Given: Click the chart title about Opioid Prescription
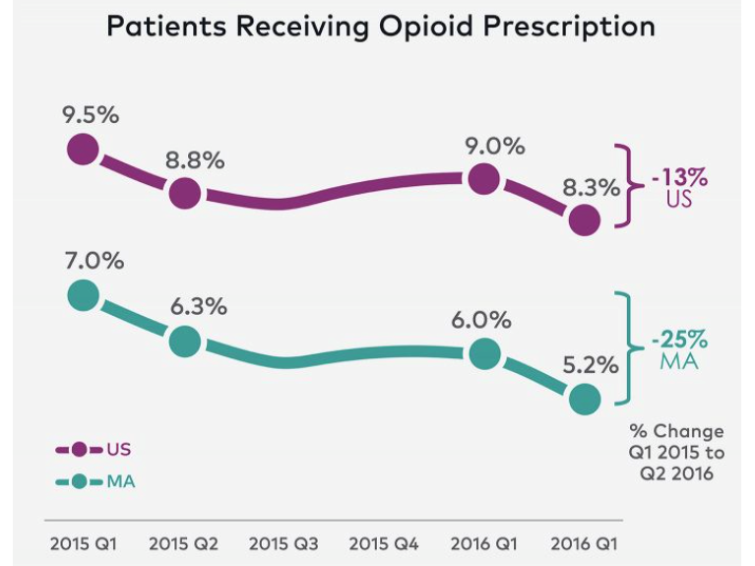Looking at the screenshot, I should (x=380, y=27).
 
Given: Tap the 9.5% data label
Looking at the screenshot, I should (x=91, y=114).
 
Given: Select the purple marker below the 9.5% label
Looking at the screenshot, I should (x=84, y=151).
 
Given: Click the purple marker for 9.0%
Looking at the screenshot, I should (x=483, y=180).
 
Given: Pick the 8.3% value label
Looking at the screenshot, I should (x=591, y=185).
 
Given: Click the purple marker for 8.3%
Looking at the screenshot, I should (x=585, y=220).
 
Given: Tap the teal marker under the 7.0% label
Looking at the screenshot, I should (x=84, y=295).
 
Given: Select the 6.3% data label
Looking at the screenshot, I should (x=197, y=306).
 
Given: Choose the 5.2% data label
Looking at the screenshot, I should (x=591, y=364).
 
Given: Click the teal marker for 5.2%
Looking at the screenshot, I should (x=585, y=400).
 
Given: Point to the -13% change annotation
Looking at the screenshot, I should (x=678, y=180).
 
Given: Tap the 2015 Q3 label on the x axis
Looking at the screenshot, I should (x=283, y=543).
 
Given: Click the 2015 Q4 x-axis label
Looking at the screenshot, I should (x=383, y=543).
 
